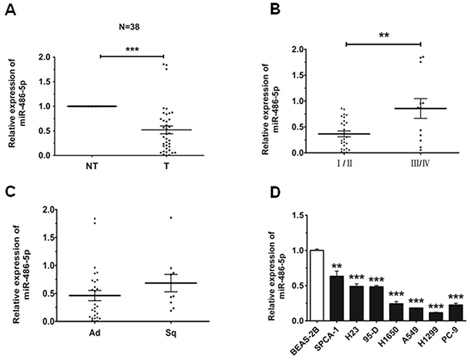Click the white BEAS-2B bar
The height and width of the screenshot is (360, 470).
[x=317, y=286]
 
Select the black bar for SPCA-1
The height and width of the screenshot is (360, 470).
[x=337, y=299]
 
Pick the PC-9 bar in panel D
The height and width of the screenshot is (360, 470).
[x=456, y=313]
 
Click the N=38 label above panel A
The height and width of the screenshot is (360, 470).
[x=129, y=27]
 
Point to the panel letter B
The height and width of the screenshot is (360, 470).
[x=275, y=9]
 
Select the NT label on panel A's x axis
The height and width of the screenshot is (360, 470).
[x=92, y=166]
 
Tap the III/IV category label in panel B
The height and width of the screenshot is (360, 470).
[x=421, y=164]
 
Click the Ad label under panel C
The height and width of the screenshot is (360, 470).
[x=95, y=333]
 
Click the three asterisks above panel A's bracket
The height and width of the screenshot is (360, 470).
[x=132, y=49]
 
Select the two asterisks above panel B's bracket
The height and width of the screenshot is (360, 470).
[x=384, y=35]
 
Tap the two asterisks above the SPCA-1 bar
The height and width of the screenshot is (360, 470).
[x=337, y=266]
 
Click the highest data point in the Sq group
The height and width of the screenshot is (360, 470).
[x=171, y=218]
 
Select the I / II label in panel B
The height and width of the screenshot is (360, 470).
[x=344, y=164]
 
